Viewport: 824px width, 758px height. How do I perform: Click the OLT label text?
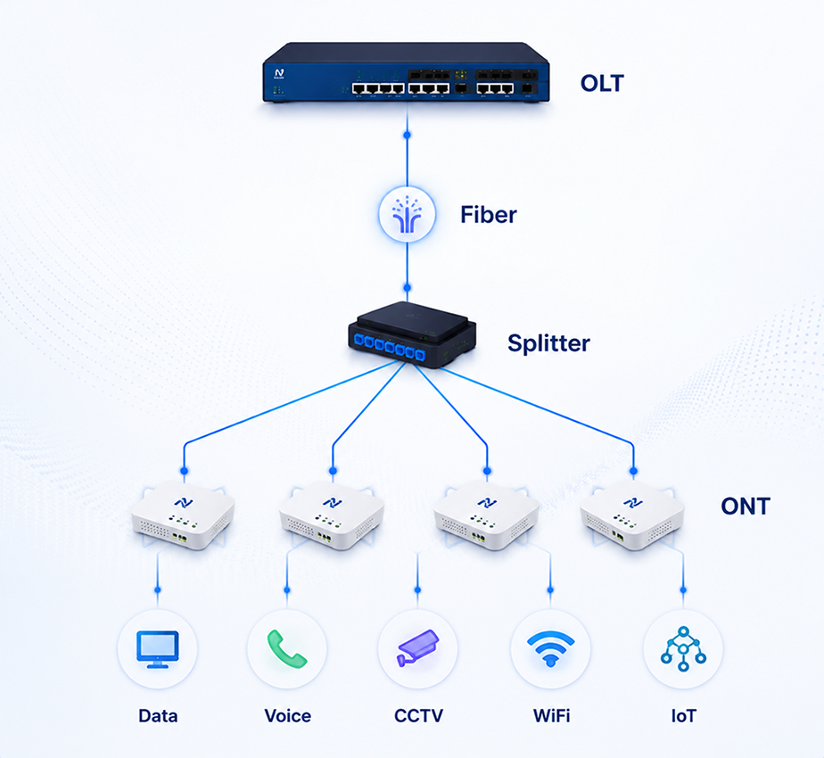(x=602, y=83)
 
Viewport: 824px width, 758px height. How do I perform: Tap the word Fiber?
(x=488, y=214)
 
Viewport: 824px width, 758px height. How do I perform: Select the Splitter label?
(x=548, y=343)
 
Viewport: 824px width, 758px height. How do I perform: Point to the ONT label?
(x=746, y=507)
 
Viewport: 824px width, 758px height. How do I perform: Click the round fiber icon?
(x=408, y=214)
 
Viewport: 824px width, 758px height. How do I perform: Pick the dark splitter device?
(x=412, y=334)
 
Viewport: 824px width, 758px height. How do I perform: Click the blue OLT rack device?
(x=407, y=72)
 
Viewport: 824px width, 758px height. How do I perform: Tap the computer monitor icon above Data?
(x=158, y=649)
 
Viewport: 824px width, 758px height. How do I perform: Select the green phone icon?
(x=286, y=648)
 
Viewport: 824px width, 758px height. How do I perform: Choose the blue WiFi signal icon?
(x=550, y=648)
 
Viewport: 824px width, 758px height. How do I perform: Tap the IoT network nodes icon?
(x=683, y=648)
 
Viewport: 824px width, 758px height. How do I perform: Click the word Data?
(x=158, y=716)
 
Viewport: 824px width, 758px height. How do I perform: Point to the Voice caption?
(x=287, y=716)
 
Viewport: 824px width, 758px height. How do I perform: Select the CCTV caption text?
(x=418, y=716)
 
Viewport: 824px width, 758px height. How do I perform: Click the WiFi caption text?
(x=551, y=716)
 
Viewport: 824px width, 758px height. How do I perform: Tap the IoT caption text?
(x=683, y=716)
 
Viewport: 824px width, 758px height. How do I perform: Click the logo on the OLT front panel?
(x=279, y=74)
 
